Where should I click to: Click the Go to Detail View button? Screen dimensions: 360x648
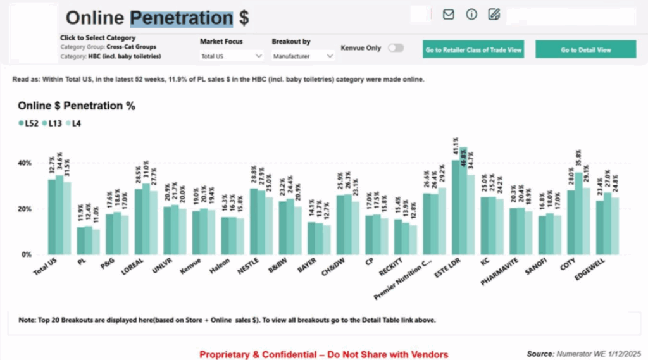585,49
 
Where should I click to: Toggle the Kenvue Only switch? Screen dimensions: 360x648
396,47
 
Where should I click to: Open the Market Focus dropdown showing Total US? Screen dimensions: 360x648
232,56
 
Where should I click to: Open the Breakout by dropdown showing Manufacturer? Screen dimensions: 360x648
303,56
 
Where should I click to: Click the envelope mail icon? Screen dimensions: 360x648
449,15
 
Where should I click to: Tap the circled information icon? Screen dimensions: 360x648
471,15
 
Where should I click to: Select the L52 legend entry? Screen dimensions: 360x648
28,123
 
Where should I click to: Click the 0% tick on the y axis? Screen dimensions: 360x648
26,254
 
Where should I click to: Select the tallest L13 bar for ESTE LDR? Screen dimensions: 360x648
463,201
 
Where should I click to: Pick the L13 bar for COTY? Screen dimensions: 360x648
578,213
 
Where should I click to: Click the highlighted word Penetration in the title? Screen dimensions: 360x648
182,18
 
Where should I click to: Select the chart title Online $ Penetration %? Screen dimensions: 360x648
77,106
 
